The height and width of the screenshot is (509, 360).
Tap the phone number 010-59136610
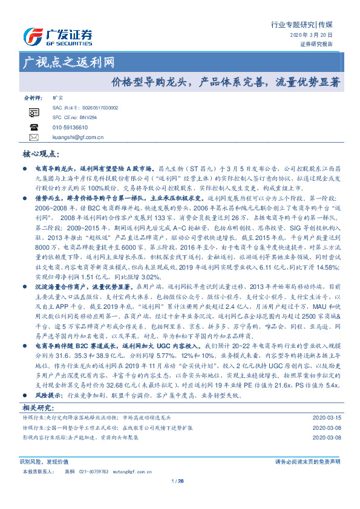point(70,128)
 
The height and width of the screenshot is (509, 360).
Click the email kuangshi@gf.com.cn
point(78,137)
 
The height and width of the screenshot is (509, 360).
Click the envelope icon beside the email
point(33,137)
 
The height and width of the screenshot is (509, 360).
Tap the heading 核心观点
point(41,155)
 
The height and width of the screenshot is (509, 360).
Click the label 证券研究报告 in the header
point(316,44)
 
